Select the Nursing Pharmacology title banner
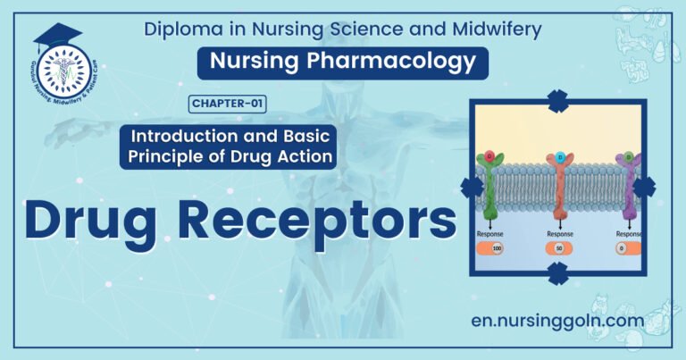click(x=343, y=62)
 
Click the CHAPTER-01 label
click(x=228, y=105)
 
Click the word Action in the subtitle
click(x=307, y=158)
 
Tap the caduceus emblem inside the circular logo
click(x=63, y=71)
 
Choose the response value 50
click(x=558, y=248)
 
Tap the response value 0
click(x=621, y=248)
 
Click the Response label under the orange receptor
click(x=558, y=234)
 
